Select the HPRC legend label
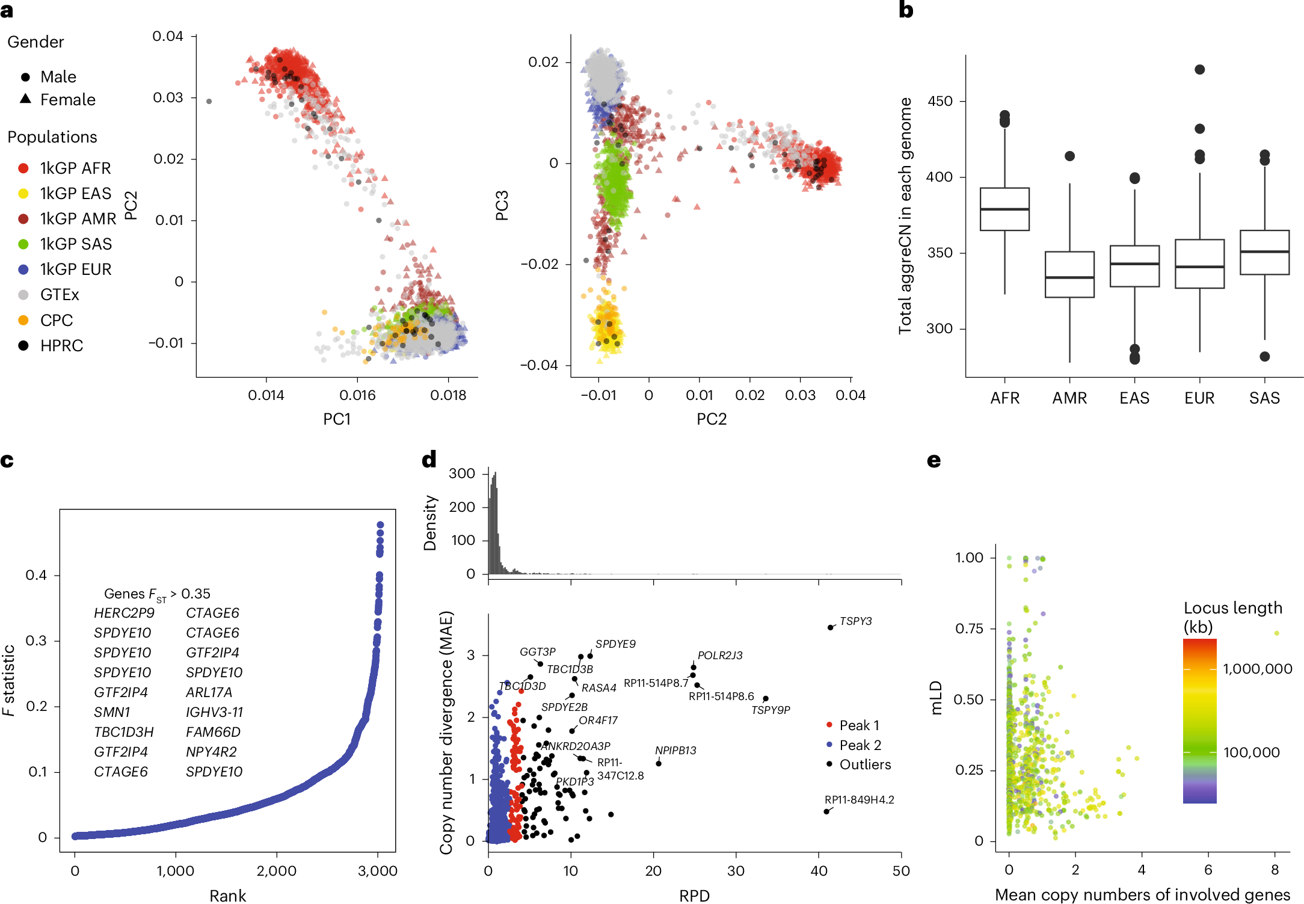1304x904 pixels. tap(61, 346)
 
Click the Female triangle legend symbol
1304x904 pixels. tap(25, 99)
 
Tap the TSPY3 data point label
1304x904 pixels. tap(855, 621)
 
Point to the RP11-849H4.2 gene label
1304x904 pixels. tap(859, 799)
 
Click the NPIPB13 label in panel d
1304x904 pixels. tap(675, 750)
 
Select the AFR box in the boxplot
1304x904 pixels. tap(1004, 209)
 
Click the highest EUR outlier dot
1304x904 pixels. tap(1199, 70)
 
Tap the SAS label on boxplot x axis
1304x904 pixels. tap(1264, 398)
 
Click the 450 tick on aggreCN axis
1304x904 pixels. tap(940, 101)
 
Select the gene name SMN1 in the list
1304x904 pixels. tap(112, 712)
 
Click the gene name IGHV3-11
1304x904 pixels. tap(214, 712)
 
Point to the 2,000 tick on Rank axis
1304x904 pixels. tap(277, 871)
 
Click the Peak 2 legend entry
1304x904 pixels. tap(860, 745)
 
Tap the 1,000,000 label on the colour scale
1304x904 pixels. tap(1257, 669)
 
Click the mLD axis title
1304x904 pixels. tap(936, 698)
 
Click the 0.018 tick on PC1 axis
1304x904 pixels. tap(448, 395)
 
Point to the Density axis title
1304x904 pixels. tap(429, 523)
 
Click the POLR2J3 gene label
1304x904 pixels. tap(719, 655)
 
